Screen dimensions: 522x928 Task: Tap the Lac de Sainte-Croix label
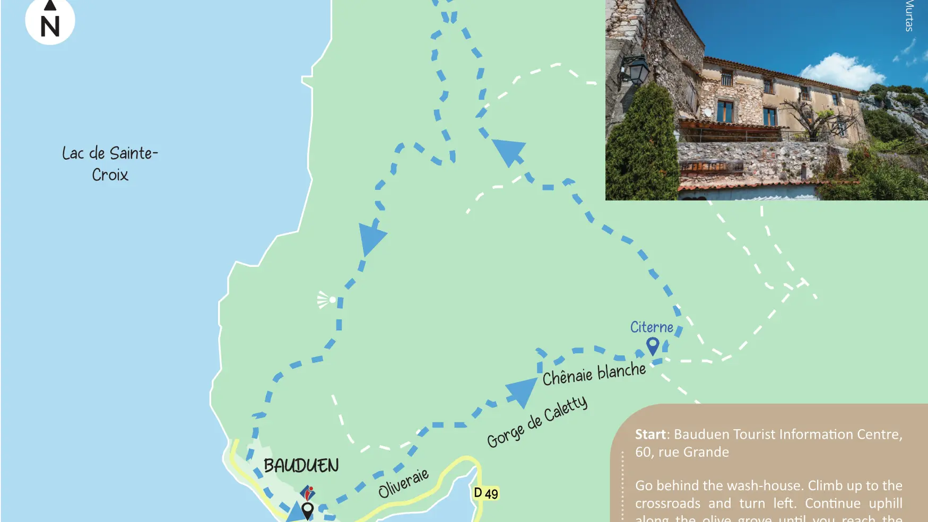point(110,163)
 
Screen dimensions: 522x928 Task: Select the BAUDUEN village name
point(301,466)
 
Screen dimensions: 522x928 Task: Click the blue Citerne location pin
point(653,346)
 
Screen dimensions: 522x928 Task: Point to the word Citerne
point(651,327)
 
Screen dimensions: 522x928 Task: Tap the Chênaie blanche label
point(594,373)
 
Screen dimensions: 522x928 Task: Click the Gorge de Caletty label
point(537,422)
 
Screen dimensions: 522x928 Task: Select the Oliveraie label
point(403,483)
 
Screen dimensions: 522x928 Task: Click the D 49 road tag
point(485,493)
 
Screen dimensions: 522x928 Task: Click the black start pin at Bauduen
point(307,510)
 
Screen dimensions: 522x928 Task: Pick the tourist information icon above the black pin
point(307,493)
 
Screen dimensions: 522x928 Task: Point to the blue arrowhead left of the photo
point(510,152)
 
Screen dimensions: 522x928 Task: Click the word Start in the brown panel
point(650,434)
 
